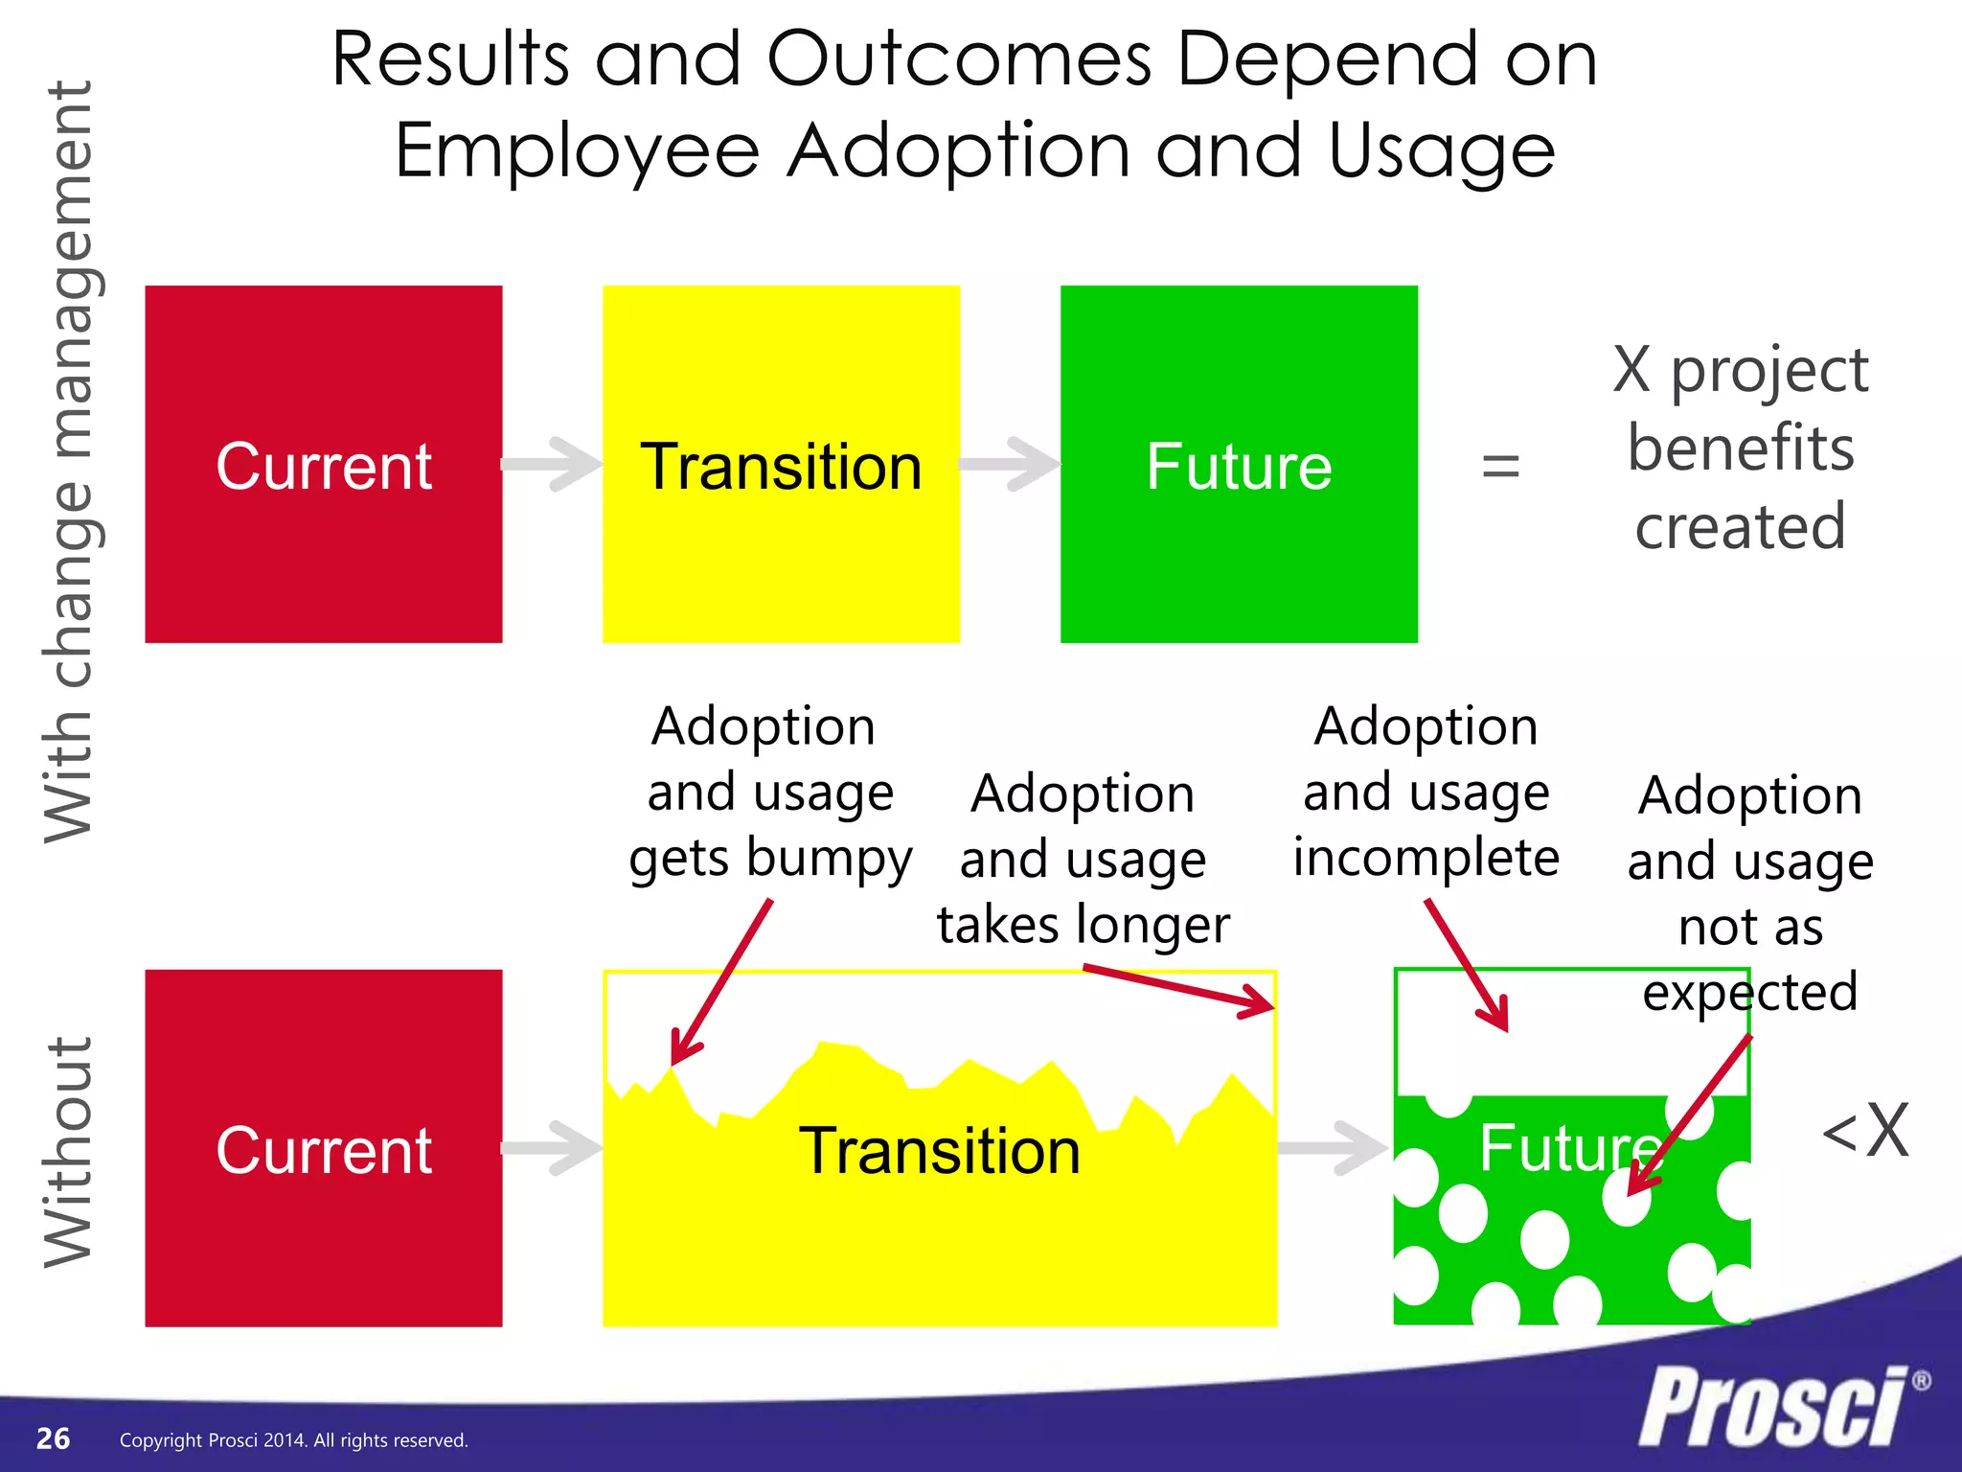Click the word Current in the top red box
tap(324, 467)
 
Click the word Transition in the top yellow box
tap(781, 467)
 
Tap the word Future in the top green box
tap(1239, 467)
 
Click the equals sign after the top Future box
tap(1500, 467)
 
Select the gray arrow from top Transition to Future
tap(1010, 465)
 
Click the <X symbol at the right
tap(1864, 1133)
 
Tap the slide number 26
tap(53, 1438)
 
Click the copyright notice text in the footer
tap(293, 1440)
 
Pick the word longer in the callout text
tap(1152, 926)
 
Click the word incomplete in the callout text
tap(1426, 857)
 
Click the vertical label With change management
tap(69, 460)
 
